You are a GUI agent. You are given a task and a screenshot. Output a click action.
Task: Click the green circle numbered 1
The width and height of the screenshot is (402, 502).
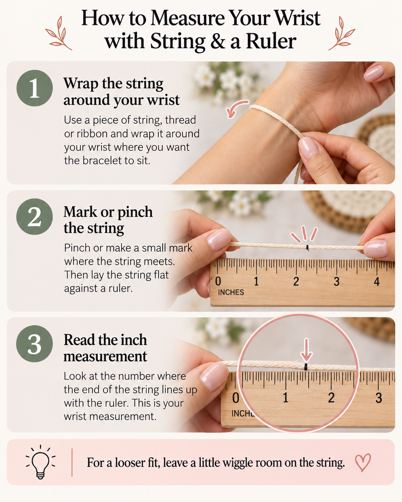35,88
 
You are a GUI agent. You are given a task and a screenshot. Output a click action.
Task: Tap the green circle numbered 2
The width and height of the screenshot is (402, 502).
35,216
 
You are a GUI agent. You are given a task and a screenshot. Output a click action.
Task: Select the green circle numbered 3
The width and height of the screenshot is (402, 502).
35,344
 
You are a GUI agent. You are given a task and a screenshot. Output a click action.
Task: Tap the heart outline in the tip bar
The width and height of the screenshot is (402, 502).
363,462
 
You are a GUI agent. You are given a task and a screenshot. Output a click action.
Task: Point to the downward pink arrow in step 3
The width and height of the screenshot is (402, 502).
307,350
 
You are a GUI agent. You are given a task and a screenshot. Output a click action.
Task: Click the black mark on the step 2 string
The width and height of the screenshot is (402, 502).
307,248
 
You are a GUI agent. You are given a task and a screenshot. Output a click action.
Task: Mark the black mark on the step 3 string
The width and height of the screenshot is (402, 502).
305,367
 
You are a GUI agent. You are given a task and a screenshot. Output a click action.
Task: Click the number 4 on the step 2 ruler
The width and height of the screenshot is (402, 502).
376,282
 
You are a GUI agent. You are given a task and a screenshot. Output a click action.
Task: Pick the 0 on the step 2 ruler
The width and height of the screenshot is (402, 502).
218,281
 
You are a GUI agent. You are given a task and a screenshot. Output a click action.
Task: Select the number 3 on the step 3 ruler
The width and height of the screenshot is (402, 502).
378,398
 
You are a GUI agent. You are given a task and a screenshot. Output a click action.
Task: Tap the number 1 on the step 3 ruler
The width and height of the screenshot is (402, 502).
285,398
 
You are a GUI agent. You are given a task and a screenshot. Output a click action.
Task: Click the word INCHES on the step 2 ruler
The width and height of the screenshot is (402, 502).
231,292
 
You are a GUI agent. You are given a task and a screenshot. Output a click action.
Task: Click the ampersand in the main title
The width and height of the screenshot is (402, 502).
217,42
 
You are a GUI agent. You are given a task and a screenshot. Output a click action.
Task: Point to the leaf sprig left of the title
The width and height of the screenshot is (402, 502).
58,33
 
